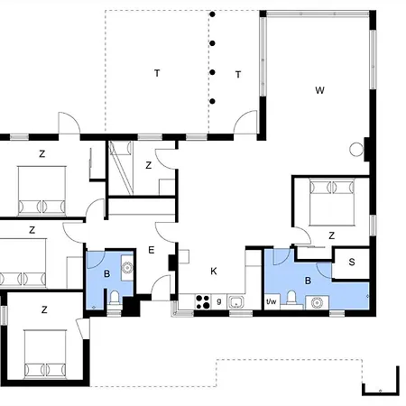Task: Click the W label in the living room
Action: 319,90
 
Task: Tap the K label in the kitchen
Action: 214,272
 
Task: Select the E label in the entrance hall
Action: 152,250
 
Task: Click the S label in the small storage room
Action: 352,262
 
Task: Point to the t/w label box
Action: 272,301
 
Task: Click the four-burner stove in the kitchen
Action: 203,301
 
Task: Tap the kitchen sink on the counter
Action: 235,302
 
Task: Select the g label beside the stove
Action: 219,301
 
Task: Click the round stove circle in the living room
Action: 356,149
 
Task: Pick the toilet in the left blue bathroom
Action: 115,299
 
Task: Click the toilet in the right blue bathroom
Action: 291,299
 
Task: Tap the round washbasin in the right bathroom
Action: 317,302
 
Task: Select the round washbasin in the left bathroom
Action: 127,267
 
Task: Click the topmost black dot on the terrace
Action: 212,14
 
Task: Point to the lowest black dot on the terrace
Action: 212,101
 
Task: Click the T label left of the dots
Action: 157,73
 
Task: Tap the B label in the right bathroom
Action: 308,281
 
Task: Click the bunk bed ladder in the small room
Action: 121,168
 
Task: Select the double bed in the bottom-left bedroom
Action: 45,354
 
